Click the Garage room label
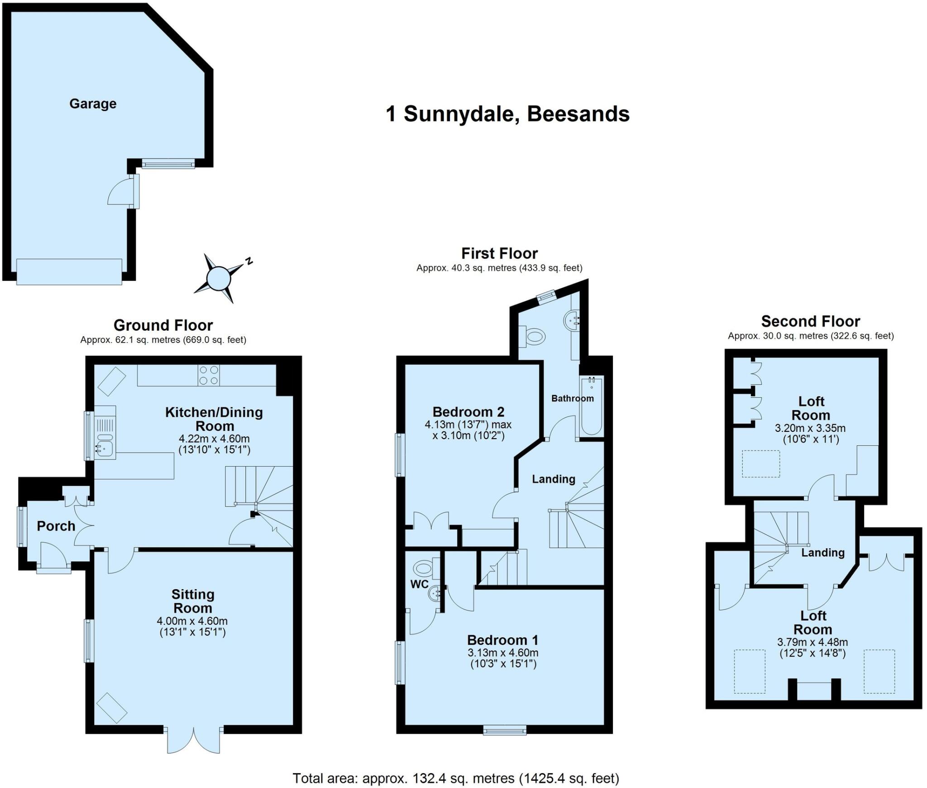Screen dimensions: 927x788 click(93, 104)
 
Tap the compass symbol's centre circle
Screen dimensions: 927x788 click(218, 278)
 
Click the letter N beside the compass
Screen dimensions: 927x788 click(248, 261)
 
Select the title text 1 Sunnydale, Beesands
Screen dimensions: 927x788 click(507, 114)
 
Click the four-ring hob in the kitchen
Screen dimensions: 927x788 click(209, 375)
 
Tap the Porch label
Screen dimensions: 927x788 click(56, 526)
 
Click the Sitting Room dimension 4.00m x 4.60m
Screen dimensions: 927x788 click(192, 621)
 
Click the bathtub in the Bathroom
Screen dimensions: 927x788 click(591, 406)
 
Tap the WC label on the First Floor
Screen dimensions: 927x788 click(420, 584)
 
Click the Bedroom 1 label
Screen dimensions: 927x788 click(502, 640)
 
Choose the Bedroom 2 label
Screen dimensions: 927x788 click(468, 412)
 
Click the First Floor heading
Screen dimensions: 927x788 click(499, 253)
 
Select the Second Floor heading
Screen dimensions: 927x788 click(810, 321)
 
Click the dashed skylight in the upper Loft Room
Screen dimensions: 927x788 click(761, 464)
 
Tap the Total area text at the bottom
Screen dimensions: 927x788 click(456, 778)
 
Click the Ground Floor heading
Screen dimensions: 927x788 click(163, 325)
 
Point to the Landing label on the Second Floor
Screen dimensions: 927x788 click(823, 552)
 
